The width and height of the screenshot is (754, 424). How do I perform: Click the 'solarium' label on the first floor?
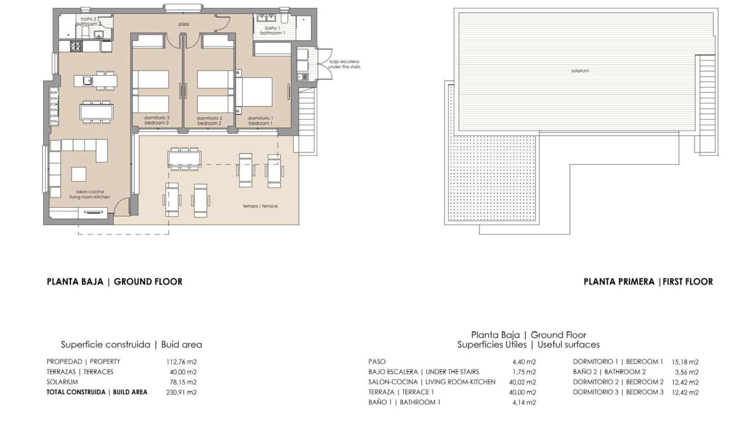tap(580, 71)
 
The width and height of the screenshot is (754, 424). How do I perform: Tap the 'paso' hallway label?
tap(184, 24)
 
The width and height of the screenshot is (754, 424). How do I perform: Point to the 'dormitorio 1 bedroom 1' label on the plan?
tap(260, 121)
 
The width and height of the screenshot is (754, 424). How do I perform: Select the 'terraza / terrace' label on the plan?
tap(260, 206)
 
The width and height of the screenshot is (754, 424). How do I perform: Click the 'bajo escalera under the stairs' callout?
tap(344, 64)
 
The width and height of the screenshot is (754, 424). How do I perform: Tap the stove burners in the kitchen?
tap(77, 46)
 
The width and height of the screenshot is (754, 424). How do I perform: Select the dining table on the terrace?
tap(184, 159)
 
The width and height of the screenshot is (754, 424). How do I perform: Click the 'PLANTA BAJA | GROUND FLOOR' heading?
tap(115, 282)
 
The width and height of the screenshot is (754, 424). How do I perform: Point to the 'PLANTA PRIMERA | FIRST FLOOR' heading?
tap(648, 282)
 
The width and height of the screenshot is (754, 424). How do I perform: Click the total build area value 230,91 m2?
tap(181, 392)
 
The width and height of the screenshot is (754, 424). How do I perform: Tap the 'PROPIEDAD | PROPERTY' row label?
tap(83, 362)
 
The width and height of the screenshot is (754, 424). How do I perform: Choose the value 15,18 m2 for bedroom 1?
tap(685, 362)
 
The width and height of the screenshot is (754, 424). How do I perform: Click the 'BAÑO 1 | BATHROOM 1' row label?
tap(404, 402)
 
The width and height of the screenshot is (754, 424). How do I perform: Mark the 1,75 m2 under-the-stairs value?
tap(524, 372)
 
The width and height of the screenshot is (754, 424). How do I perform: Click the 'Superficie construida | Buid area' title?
tap(132, 345)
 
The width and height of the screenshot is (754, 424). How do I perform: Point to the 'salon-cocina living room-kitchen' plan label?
tap(90, 194)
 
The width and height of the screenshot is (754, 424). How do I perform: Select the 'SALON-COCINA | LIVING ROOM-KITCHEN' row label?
tap(432, 382)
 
